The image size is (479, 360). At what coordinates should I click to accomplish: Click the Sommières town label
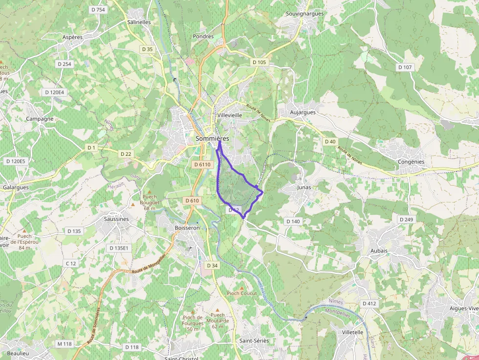point(212,139)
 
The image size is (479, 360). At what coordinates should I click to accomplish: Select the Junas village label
point(304,187)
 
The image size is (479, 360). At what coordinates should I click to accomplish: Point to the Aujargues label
point(303,112)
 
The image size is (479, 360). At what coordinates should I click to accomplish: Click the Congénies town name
point(411,162)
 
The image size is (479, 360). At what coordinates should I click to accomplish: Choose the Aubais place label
point(379,251)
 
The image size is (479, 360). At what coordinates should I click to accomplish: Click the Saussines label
point(116,219)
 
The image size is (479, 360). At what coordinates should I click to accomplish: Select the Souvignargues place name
point(305,14)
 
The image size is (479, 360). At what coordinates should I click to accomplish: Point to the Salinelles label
point(139,22)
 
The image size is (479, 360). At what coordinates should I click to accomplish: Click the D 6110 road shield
point(202,165)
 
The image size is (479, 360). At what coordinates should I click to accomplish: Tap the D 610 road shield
point(193,201)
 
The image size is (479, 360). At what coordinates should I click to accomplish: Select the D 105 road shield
point(260,62)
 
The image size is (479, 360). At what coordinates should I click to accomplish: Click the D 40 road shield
point(330,141)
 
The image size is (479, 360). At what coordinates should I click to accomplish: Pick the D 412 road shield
point(370,303)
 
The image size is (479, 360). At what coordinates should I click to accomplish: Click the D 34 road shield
point(212,265)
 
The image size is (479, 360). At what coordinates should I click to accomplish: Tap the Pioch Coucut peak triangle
point(241,288)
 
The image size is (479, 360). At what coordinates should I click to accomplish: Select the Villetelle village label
point(353,332)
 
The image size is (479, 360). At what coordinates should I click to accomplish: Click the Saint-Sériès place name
point(254,340)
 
